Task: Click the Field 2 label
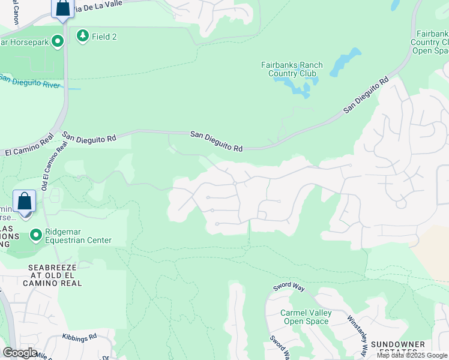pyautogui.click(x=104, y=37)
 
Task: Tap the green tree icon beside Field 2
pyautogui.click(x=82, y=36)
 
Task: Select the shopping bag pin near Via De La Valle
pyautogui.click(x=62, y=9)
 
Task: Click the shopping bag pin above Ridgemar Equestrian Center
pyautogui.click(x=25, y=201)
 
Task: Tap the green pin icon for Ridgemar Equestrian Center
pyautogui.click(x=35, y=235)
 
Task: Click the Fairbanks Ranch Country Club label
pyautogui.click(x=292, y=69)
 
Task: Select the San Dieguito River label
pyautogui.click(x=30, y=81)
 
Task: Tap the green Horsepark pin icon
pyautogui.click(x=58, y=41)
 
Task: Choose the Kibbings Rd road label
pyautogui.click(x=79, y=337)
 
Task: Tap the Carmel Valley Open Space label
pyautogui.click(x=305, y=317)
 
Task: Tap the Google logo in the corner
pyautogui.click(x=19, y=353)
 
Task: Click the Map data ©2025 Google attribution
pyautogui.click(x=412, y=355)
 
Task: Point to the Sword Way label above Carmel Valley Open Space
pyautogui.click(x=289, y=286)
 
